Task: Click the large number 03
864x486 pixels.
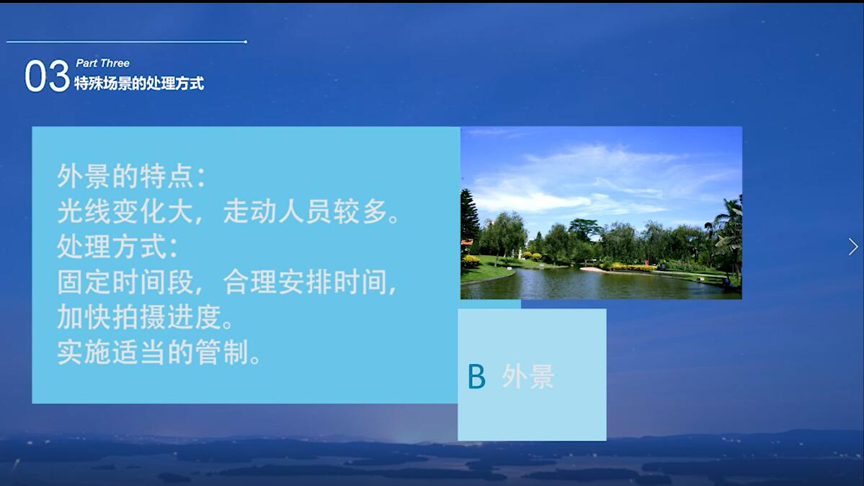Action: pyautogui.click(x=47, y=76)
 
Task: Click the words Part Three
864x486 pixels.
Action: pyautogui.click(x=102, y=63)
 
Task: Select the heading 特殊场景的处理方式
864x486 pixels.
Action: pyautogui.click(x=139, y=84)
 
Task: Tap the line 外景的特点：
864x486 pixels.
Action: pyautogui.click(x=132, y=176)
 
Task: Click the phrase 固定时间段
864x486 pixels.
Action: pyautogui.click(x=126, y=283)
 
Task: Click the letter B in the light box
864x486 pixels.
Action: pyautogui.click(x=476, y=376)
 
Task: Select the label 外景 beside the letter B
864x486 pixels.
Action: pyautogui.click(x=527, y=376)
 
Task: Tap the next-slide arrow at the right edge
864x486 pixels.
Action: pyautogui.click(x=853, y=247)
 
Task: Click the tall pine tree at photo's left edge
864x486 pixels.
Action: pyautogui.click(x=469, y=216)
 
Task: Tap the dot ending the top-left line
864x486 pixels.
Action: pyautogui.click(x=246, y=42)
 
